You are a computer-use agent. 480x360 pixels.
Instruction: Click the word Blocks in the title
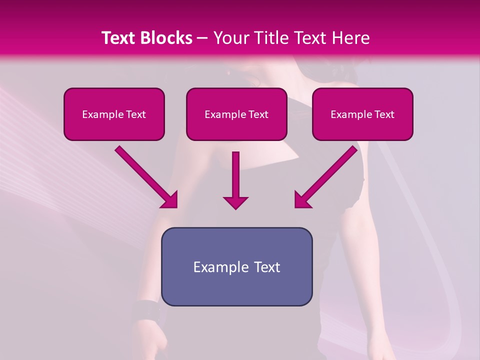coord(167,38)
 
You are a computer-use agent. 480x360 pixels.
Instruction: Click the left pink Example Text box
coord(114,114)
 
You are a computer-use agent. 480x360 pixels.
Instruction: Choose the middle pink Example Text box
coord(236,114)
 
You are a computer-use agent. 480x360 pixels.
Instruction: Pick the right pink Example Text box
coord(362,114)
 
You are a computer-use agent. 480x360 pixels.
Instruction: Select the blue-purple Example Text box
coord(236,266)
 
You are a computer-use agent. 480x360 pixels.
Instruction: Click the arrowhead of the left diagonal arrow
coord(170,200)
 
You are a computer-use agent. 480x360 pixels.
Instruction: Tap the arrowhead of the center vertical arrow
coord(235,202)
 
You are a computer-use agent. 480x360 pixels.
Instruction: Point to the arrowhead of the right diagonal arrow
coord(302,200)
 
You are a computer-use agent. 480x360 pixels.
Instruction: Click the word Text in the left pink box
coord(136,114)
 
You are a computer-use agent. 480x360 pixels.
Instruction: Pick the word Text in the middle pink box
coord(258,114)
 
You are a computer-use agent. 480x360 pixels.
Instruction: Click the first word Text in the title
coord(118,38)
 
